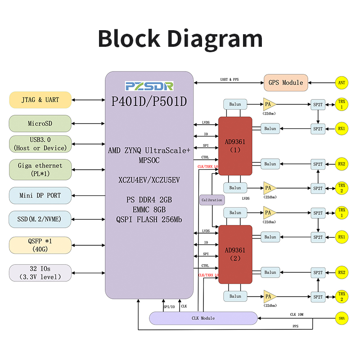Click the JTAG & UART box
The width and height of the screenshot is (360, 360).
[40, 100]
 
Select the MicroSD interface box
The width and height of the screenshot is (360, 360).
[40, 123]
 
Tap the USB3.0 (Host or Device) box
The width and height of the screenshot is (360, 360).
[40, 144]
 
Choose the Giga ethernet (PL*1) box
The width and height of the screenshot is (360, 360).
[40, 169]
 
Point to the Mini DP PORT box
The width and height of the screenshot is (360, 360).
[40, 195]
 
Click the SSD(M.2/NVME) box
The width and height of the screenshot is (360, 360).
[40, 219]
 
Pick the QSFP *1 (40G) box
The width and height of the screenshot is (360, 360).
[40, 245]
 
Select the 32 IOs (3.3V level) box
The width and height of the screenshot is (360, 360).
[40, 273]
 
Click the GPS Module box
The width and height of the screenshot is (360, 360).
[286, 83]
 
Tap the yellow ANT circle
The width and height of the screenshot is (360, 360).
[342, 83]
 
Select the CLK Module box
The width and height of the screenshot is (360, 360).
[203, 318]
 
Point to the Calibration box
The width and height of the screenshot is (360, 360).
[211, 200]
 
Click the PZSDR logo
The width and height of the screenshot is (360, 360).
[149, 86]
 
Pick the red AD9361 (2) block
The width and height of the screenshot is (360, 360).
[235, 254]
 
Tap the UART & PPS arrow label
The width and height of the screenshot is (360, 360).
[229, 80]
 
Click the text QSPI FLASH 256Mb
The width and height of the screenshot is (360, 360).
[149, 220]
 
